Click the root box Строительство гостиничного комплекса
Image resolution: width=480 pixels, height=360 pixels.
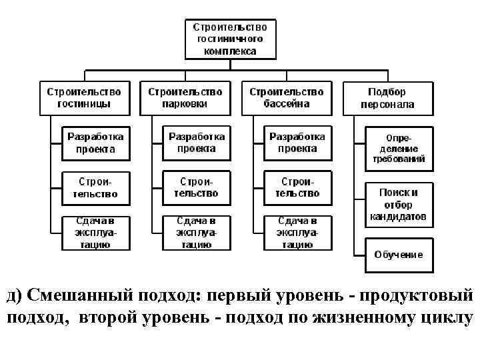(230, 39)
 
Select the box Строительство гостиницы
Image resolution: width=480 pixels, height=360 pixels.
(84, 98)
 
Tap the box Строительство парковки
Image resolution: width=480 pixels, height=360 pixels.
(185, 98)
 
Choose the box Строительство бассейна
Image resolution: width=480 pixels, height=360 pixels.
(287, 98)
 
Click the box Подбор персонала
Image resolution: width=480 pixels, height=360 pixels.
(387, 98)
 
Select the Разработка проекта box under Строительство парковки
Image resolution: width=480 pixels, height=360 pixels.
(197, 143)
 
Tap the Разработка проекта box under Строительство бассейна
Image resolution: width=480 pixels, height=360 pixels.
(297, 143)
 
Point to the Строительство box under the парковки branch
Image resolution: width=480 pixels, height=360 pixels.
(197, 188)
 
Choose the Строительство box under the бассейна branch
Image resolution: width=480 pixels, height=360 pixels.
(297, 188)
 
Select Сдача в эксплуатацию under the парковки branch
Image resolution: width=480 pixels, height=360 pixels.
(197, 233)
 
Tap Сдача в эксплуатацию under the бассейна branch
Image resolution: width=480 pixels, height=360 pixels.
(297, 233)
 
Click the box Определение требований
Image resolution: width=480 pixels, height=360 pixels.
(399, 148)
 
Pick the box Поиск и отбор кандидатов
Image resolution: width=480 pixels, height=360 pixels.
(399, 204)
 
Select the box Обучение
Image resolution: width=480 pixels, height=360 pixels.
(399, 255)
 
